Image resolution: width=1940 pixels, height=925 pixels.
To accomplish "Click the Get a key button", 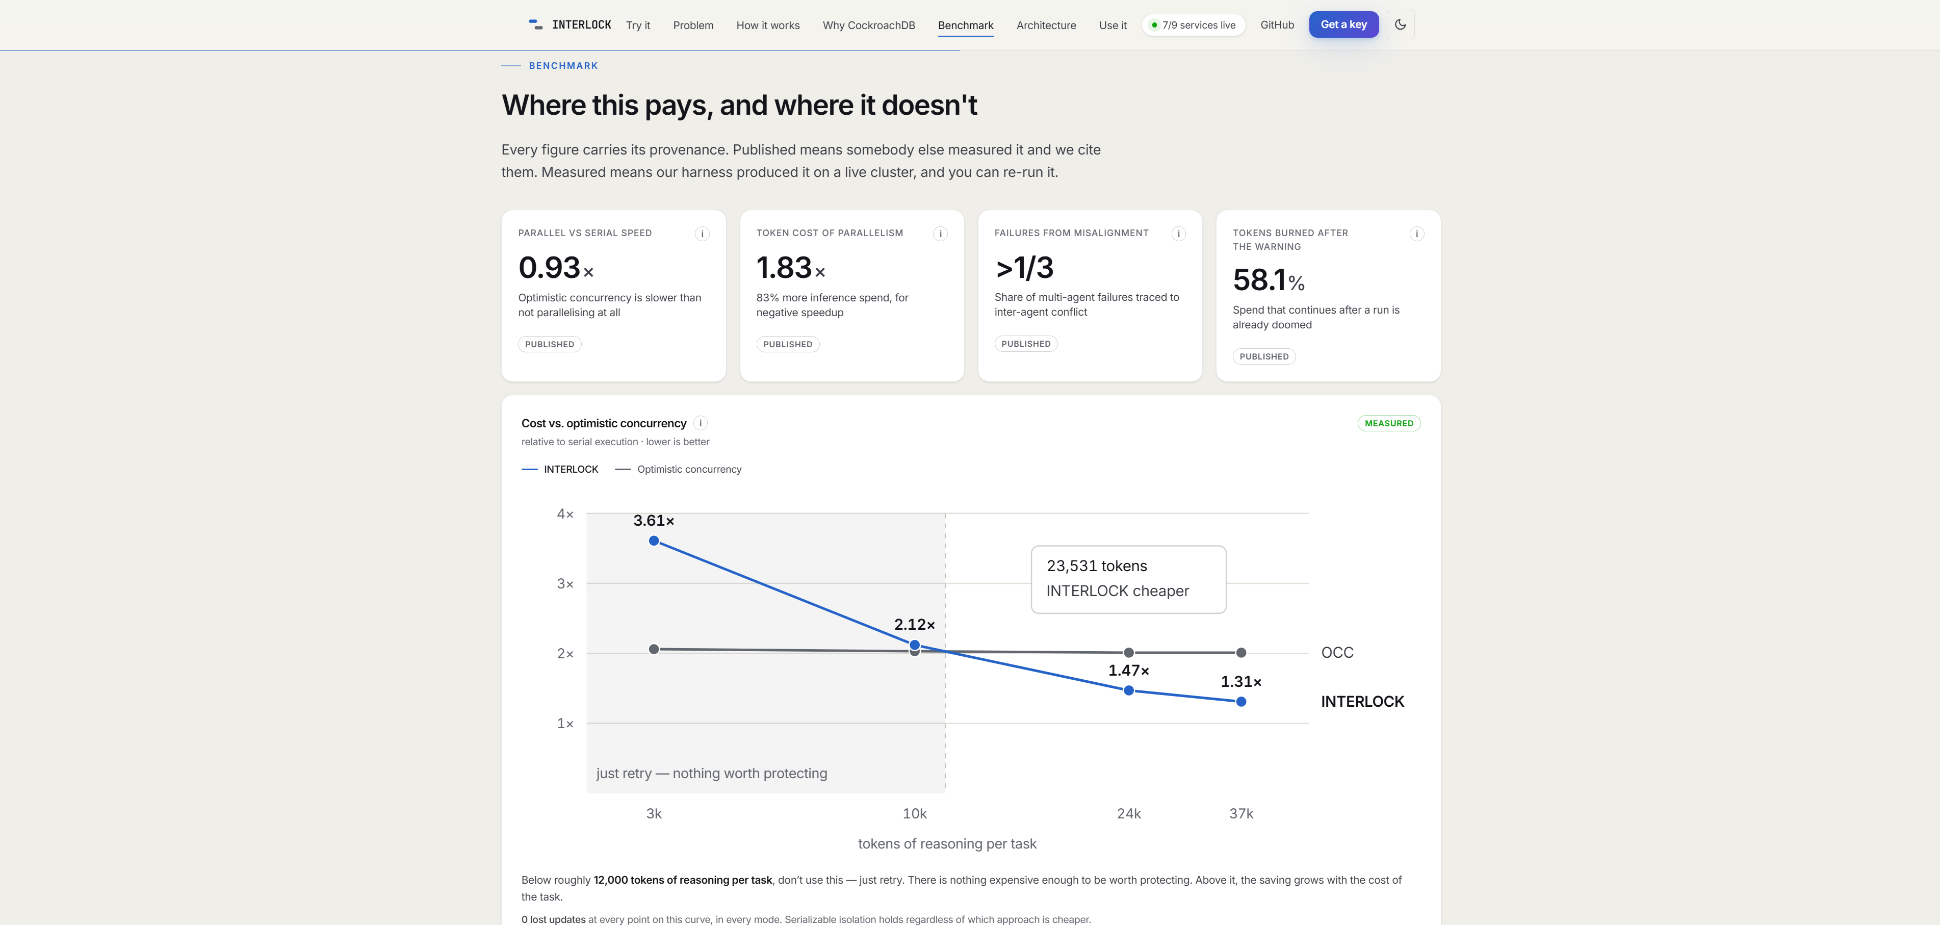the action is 1343,25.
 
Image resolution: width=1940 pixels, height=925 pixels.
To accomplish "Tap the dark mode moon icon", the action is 1400,25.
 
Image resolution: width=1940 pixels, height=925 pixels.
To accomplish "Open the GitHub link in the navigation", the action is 1277,25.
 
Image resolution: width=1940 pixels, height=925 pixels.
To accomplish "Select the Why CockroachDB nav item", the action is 868,25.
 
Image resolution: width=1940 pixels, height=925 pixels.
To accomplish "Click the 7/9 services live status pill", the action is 1193,25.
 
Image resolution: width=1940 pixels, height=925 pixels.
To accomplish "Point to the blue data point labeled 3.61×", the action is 654,541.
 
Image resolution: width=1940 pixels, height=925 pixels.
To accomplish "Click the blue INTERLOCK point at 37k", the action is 1241,702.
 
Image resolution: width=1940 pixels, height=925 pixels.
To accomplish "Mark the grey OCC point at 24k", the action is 1128,652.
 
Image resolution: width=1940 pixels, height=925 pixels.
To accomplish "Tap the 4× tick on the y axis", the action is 565,513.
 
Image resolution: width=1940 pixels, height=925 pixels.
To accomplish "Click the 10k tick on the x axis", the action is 914,813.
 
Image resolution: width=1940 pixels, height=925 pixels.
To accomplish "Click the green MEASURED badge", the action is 1389,423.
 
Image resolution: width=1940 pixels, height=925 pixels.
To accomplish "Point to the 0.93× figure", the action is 556,268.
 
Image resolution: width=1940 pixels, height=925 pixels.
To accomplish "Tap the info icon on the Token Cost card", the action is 940,234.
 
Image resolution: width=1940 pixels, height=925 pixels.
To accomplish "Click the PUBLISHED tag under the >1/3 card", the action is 1026,344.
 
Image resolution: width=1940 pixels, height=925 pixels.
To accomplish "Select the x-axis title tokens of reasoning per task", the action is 947,843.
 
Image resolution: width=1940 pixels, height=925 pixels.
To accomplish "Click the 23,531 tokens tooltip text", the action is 1097,566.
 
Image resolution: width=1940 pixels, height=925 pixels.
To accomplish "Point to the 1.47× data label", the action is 1128,671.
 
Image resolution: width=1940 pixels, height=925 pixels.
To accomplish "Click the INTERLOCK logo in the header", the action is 570,25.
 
